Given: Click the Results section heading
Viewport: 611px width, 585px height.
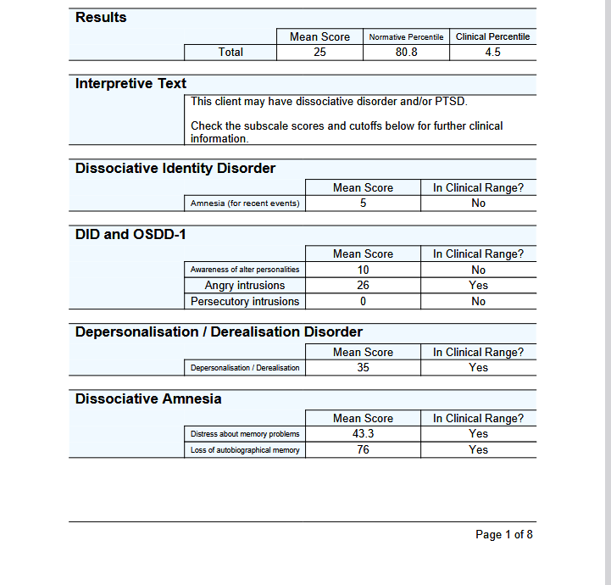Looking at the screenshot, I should [x=101, y=17].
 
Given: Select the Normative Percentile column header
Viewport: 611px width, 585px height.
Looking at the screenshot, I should [x=406, y=37].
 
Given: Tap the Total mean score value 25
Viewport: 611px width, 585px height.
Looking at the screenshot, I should [x=319, y=53].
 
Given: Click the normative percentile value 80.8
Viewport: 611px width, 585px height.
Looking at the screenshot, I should [x=406, y=53].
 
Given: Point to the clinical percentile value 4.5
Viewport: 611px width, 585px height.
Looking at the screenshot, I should [x=492, y=53].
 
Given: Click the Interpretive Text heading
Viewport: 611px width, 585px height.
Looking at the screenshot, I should [x=131, y=83].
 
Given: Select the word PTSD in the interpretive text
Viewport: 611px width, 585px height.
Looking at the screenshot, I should [x=450, y=102].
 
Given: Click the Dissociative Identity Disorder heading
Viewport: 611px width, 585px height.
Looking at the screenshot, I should [x=175, y=168].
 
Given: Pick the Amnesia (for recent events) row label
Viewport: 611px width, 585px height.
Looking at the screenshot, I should [x=245, y=203].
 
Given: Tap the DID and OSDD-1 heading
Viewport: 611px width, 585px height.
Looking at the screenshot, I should [x=131, y=234].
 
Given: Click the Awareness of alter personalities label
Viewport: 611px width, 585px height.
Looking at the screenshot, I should [x=245, y=270].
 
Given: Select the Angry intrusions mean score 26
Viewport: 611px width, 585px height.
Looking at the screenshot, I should [x=363, y=286].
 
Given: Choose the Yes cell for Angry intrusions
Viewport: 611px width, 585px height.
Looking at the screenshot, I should [x=478, y=286].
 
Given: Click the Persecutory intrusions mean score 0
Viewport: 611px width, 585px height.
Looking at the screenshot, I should [x=363, y=301].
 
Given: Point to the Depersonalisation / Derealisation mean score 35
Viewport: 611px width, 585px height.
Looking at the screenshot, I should [x=363, y=368].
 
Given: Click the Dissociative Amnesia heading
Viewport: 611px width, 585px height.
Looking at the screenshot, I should [x=148, y=398].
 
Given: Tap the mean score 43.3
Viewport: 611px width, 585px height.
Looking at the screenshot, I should [x=363, y=434].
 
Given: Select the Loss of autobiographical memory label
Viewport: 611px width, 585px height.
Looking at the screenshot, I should [x=245, y=450].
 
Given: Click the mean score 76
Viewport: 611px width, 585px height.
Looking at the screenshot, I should [x=363, y=450].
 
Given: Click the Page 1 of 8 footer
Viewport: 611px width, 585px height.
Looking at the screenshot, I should [x=504, y=535].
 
